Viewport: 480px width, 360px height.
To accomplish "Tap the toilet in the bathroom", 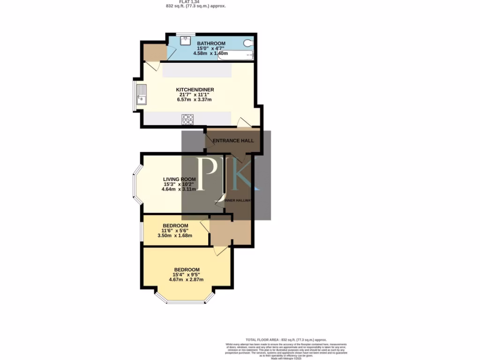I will click(x=248, y=44).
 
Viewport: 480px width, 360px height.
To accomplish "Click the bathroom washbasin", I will click(x=187, y=41).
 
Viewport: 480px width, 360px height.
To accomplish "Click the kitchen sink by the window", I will click(x=141, y=95).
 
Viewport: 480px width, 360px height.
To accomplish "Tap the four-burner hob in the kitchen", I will click(x=187, y=120).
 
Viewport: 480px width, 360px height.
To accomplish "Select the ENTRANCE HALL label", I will click(x=233, y=141).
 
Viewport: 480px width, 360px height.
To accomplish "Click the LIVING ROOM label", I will click(x=180, y=180).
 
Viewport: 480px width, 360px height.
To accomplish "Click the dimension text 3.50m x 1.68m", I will click(x=174, y=236).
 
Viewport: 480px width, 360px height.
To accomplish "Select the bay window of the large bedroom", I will click(x=185, y=300).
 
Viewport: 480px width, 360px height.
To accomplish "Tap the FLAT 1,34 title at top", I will click(x=189, y=1).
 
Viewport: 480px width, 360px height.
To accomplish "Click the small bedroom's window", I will click(x=142, y=230).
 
